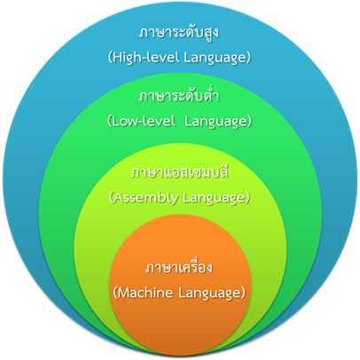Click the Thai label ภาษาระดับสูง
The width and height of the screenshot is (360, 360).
coord(179,33)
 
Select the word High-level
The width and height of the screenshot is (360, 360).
coord(146,57)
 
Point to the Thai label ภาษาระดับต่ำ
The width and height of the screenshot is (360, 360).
coord(179,95)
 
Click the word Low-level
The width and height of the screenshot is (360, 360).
coord(143,121)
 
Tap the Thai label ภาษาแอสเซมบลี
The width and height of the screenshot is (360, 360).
coord(179,172)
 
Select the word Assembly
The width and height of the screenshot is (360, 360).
coord(145,198)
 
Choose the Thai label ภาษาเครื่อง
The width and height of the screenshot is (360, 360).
coord(179,267)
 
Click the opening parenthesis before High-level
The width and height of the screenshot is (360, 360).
coord(110,58)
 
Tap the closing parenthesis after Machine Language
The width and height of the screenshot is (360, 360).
coord(243,293)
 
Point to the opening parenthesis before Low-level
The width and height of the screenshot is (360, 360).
coord(109,121)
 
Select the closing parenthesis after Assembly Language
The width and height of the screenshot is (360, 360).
coord(247,198)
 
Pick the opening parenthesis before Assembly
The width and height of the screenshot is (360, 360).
coord(111,198)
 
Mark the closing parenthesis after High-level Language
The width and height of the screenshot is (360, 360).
coord(248,58)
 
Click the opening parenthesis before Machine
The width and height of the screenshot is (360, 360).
coord(115,293)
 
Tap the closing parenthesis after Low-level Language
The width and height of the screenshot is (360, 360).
coord(249,121)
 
